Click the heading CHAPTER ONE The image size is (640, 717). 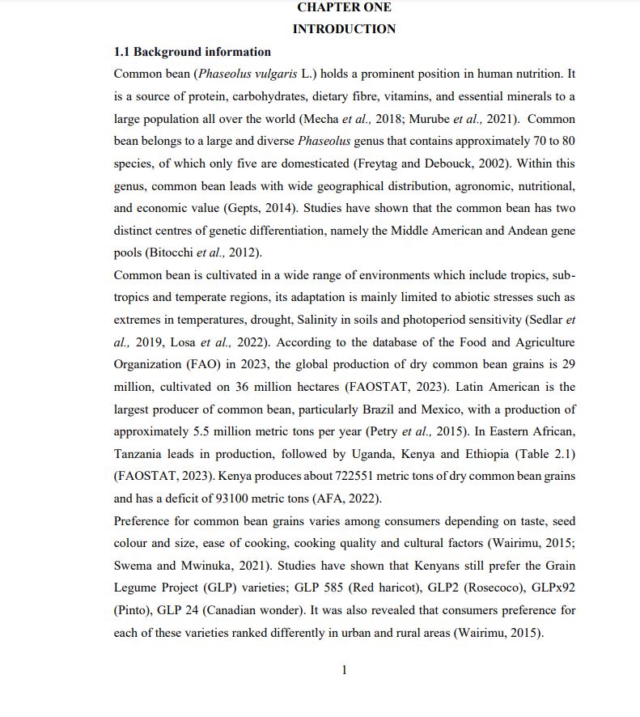(x=344, y=7)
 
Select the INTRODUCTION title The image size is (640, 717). (x=344, y=29)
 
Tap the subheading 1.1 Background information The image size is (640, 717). (x=192, y=52)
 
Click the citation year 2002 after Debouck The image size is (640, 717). (x=494, y=163)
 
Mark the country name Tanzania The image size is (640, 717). (x=140, y=454)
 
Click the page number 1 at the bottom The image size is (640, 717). (x=345, y=669)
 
